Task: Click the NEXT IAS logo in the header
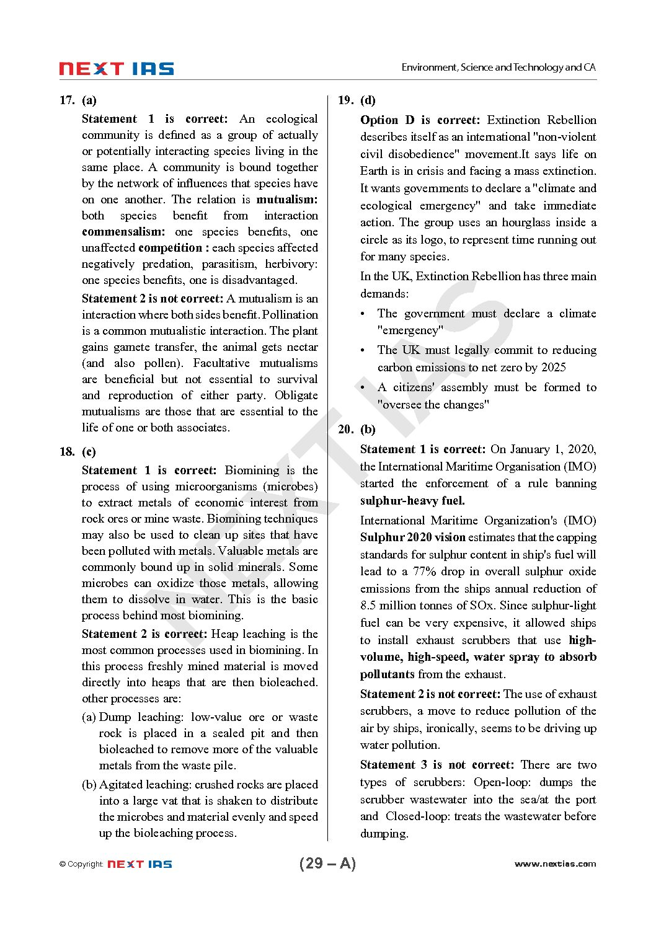[116, 69]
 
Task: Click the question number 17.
[67, 100]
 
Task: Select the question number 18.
[67, 452]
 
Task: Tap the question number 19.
[346, 100]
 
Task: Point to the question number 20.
[346, 430]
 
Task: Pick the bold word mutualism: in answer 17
[286, 200]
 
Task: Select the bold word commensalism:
[123, 232]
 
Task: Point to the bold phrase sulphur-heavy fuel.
[412, 501]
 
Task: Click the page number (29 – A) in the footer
[327, 864]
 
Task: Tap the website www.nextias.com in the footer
[555, 864]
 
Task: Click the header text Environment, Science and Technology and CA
[498, 68]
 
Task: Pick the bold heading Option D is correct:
[420, 120]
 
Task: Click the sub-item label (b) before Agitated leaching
[89, 785]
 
